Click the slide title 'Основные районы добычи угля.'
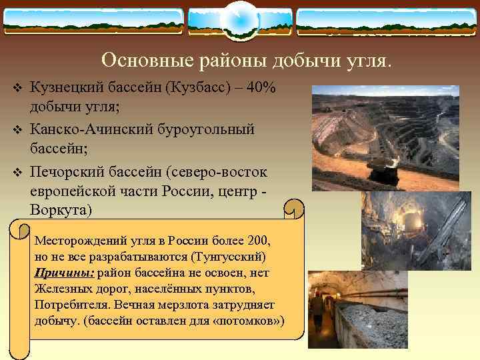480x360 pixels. coord(247,61)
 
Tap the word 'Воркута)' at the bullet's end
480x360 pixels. coord(59,210)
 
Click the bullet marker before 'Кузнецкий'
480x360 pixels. coord(18,90)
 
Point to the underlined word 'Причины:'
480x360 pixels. coord(65,273)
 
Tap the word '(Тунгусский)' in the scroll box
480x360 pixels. coord(229,257)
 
